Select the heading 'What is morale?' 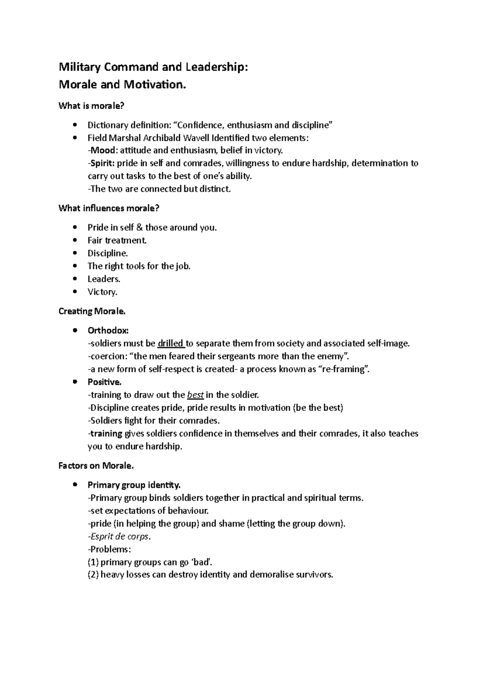pos(91,106)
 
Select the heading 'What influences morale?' pos(109,208)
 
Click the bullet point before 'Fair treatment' pos(74,240)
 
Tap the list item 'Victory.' pos(102,292)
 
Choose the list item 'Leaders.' pos(104,279)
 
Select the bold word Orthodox pos(108,331)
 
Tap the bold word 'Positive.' pos(104,382)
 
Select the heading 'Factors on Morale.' pos(96,466)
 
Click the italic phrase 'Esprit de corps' pos(120,537)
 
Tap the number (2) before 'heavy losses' pos(93,575)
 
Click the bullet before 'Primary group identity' pos(74,485)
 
